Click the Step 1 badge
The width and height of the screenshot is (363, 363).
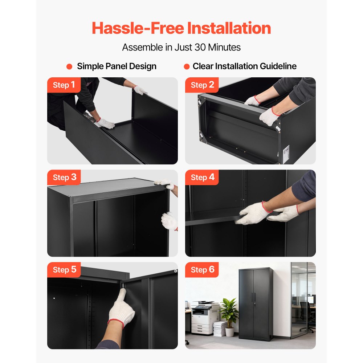(x=64, y=85)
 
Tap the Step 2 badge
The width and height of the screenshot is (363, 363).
(x=202, y=85)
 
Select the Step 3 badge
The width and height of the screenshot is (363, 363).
(x=64, y=178)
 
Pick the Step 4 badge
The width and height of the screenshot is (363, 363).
(x=202, y=178)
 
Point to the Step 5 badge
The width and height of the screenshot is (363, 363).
(x=64, y=270)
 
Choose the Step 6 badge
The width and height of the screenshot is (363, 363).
(x=202, y=270)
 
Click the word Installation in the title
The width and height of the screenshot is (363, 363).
(x=229, y=28)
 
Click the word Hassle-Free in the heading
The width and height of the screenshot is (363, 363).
(x=138, y=28)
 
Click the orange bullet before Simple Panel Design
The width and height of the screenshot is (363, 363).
(x=69, y=66)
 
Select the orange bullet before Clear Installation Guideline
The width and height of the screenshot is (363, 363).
(x=187, y=66)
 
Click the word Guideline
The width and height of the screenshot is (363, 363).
(x=278, y=66)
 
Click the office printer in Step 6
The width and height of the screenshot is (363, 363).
(x=205, y=317)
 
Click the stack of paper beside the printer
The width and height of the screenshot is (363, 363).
(x=220, y=329)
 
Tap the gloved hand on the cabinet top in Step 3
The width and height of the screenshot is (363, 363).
(x=164, y=184)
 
